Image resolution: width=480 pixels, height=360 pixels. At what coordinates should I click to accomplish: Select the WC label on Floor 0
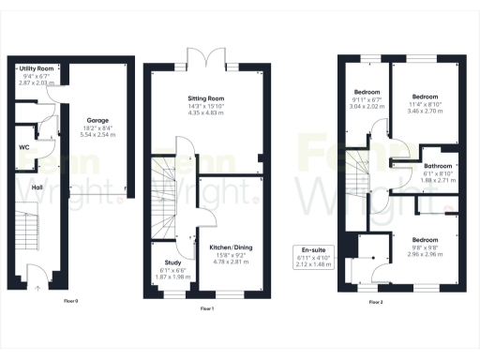(x=25, y=147)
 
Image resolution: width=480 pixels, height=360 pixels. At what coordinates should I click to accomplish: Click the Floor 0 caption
(x=71, y=300)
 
